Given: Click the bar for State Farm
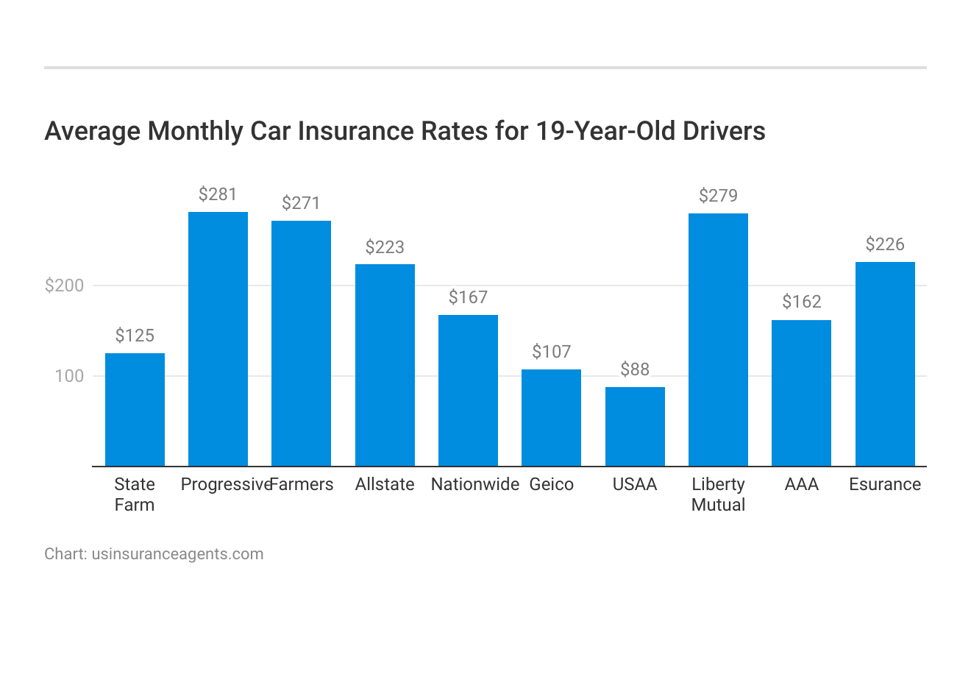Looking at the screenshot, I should (x=135, y=409).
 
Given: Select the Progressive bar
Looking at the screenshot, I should (x=218, y=338).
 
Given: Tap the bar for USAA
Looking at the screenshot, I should (x=635, y=426).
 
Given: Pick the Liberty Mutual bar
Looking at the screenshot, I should (x=718, y=339).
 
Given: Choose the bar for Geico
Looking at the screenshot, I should (x=551, y=417).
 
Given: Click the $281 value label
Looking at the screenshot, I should (x=218, y=194).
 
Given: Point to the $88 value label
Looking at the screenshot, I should (x=635, y=369).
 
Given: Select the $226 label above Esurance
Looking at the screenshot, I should (x=885, y=244).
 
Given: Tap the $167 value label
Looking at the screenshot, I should (x=468, y=297).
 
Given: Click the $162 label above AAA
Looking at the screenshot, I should (x=801, y=302).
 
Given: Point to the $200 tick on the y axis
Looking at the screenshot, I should (x=65, y=286).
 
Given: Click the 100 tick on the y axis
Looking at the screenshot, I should (x=70, y=376).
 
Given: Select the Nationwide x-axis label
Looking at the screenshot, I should (x=474, y=484).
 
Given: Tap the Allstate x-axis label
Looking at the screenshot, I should (x=385, y=484).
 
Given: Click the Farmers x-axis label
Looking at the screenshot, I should (x=302, y=484).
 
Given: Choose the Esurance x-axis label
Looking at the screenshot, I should (x=885, y=484).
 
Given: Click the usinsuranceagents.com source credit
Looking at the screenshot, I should (x=177, y=554).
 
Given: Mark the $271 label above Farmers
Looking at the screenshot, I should (x=301, y=203).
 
